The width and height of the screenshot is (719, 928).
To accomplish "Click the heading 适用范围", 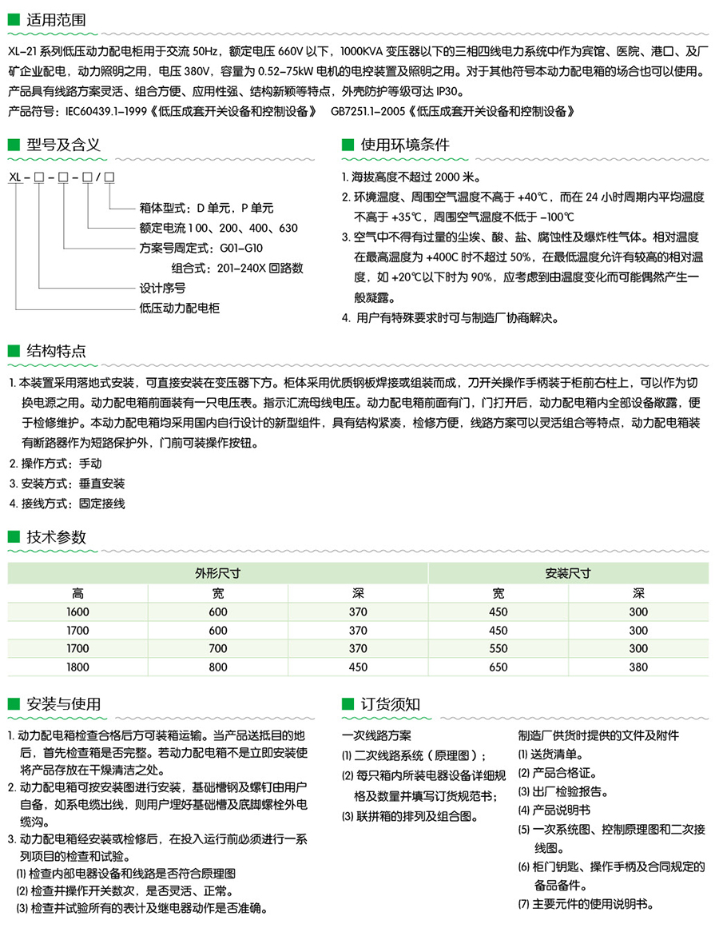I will tap(57, 19).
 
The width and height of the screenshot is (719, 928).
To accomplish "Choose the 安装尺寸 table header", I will tap(567, 572).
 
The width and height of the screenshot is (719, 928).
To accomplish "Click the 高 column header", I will tap(77, 592).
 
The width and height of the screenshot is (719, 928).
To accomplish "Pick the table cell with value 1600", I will tap(77, 611).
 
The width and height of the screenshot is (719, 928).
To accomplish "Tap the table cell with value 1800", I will tap(77, 667).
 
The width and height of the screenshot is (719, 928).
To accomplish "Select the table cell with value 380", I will tap(638, 667).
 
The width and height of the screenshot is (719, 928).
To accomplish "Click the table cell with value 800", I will tap(218, 667).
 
